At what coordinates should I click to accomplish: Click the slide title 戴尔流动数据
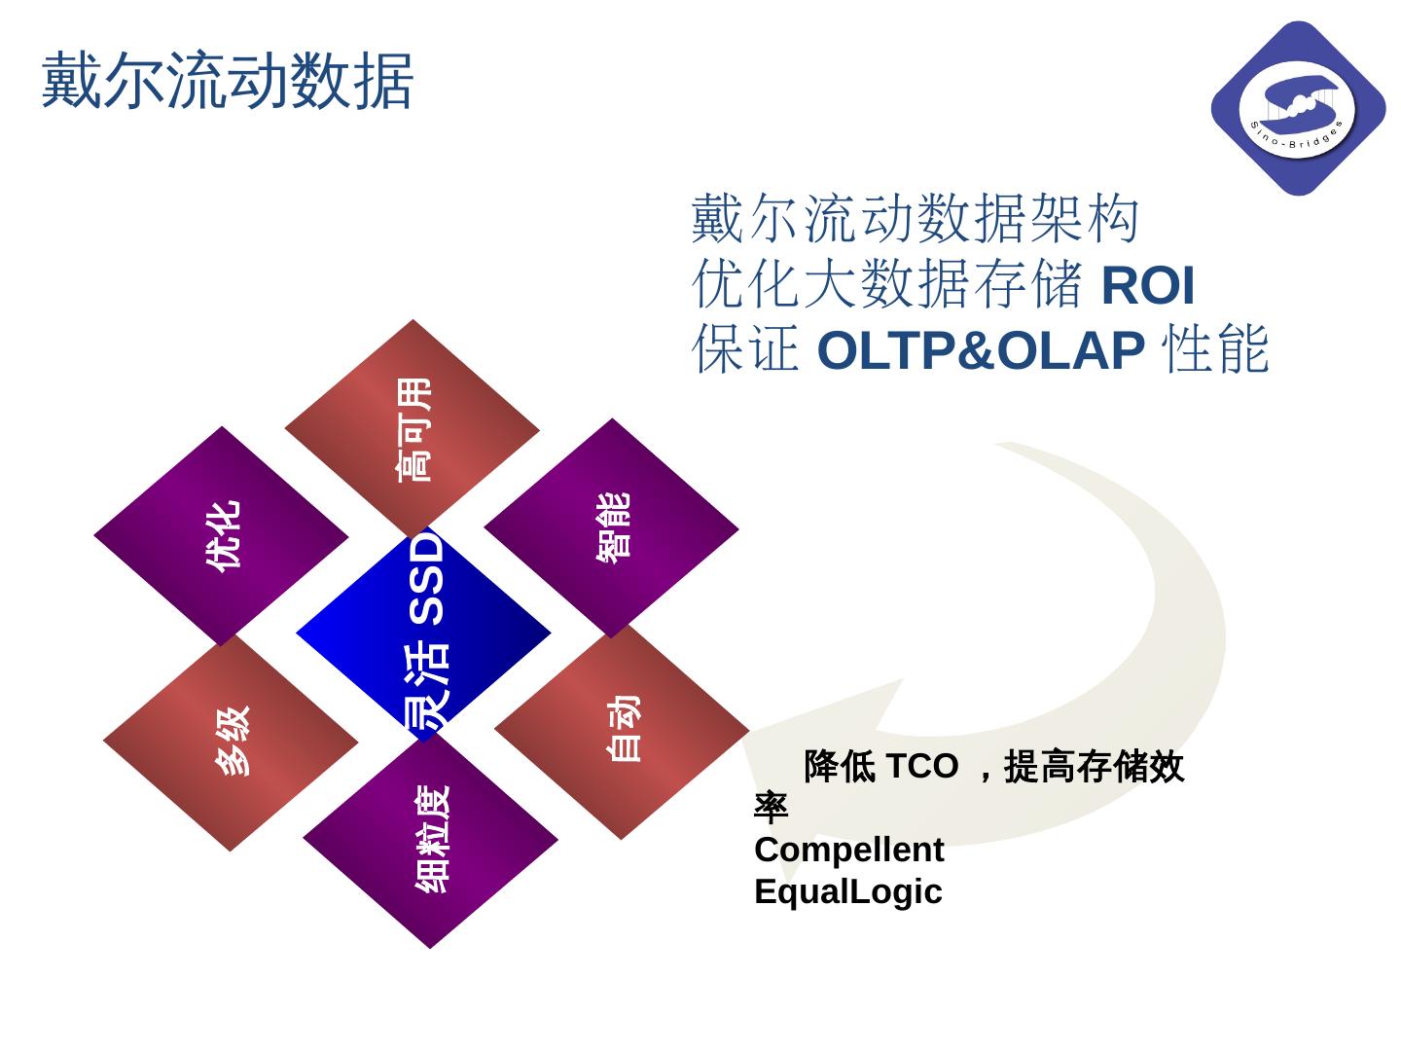[228, 80]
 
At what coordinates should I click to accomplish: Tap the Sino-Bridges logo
[1298, 108]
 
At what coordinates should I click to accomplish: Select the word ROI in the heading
[1148, 285]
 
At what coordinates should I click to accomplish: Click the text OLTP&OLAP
[981, 350]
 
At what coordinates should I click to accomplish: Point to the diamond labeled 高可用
[413, 428]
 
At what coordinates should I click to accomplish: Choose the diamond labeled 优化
[222, 535]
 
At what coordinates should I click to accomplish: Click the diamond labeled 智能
[612, 527]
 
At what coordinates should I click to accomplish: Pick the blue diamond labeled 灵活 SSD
[424, 633]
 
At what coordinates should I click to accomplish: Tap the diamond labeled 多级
[232, 742]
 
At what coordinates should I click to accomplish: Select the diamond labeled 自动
[622, 730]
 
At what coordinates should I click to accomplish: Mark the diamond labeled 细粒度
[431, 839]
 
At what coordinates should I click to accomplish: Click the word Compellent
[848, 850]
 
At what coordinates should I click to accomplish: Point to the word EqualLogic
[847, 891]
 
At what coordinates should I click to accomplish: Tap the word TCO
[919, 767]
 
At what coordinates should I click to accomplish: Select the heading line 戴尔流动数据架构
[915, 219]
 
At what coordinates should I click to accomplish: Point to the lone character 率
[771, 809]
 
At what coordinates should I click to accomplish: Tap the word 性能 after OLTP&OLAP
[1216, 350]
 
